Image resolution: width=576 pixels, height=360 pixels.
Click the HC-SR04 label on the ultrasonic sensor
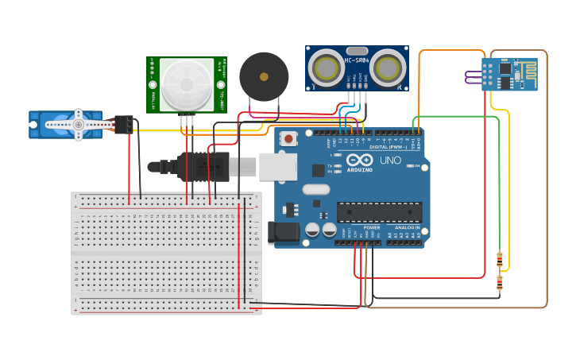click(357, 60)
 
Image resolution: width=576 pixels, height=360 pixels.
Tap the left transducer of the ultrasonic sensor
click(327, 68)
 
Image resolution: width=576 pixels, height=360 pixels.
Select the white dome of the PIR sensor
click(187, 84)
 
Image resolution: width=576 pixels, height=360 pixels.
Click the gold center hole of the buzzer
click(264, 77)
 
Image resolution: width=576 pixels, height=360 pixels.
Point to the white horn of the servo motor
click(78, 124)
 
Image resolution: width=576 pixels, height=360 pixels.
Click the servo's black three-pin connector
click(124, 124)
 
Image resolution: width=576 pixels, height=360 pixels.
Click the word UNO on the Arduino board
click(390, 160)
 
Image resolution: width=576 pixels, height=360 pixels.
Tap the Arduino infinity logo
click(359, 159)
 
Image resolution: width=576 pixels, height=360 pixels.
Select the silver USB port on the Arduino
click(277, 166)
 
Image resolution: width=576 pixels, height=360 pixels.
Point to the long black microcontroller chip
click(379, 212)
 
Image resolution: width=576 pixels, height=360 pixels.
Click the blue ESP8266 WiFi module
click(509, 74)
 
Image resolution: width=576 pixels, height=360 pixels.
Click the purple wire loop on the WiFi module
click(472, 76)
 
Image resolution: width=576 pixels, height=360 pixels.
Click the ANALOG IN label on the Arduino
click(408, 227)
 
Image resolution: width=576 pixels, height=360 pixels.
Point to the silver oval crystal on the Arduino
click(315, 189)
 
